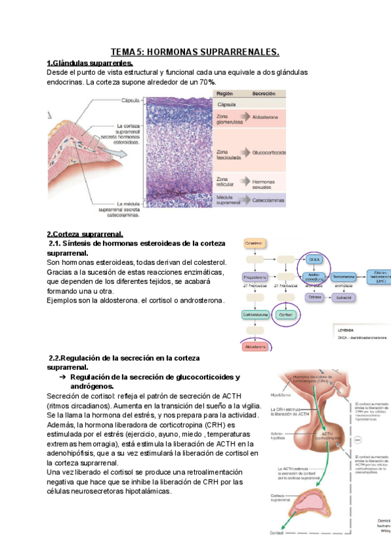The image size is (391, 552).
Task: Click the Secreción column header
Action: point(263,94)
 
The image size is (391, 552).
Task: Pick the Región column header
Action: point(225,94)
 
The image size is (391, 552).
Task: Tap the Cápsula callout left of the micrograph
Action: point(131,100)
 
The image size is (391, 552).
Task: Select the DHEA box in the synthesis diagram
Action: point(315,259)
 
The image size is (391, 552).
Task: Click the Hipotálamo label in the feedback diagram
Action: point(281,394)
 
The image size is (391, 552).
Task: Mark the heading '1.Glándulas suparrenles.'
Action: point(90,63)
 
